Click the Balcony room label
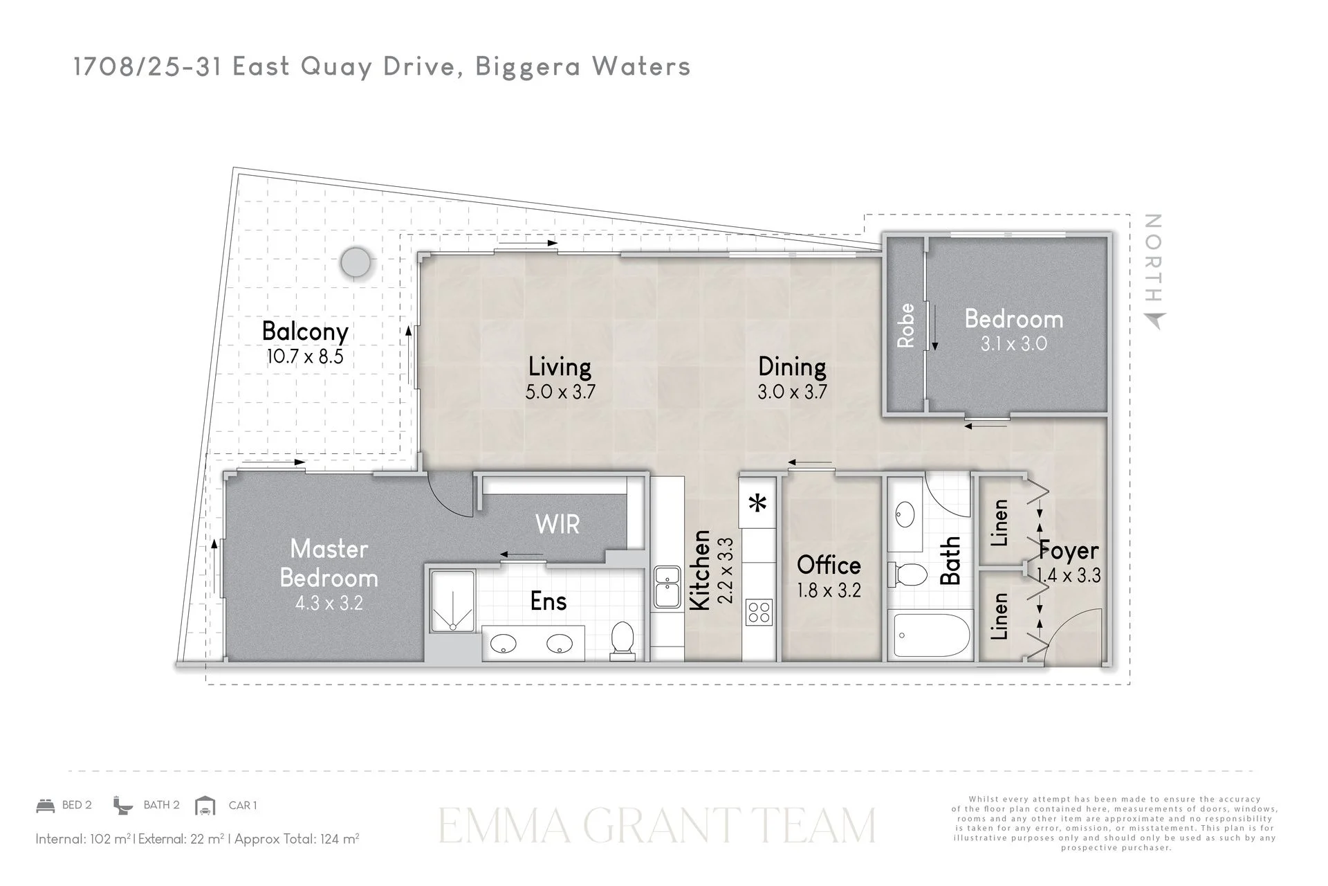305,332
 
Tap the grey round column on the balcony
356,263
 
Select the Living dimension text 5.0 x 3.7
560,392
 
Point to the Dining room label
792,367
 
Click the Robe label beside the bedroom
905,326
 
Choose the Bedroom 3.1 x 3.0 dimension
1014,344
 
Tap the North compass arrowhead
1154,320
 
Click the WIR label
557,525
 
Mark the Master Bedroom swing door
450,493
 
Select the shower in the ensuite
453,602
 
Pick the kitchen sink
667,587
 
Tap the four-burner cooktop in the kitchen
759,613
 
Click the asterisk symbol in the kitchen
759,503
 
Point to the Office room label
829,566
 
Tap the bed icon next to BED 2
46,806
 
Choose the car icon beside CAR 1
205,806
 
